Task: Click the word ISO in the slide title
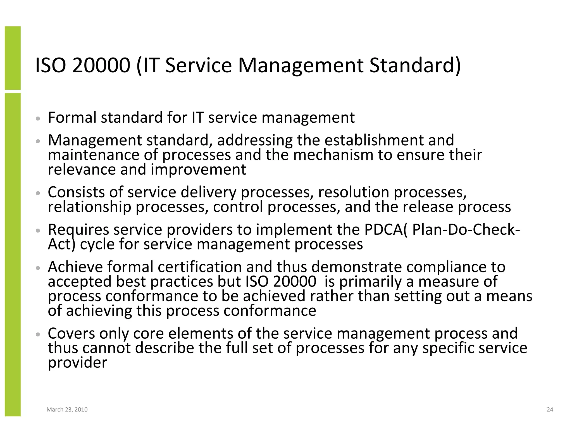tap(50, 65)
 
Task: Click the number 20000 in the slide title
tap(101, 65)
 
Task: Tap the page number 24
tap(550, 410)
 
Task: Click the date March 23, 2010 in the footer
tap(67, 410)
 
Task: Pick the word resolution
tap(354, 192)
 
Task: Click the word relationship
tap(89, 207)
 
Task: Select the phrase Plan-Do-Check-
tap(466, 230)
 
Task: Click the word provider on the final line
tap(77, 363)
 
